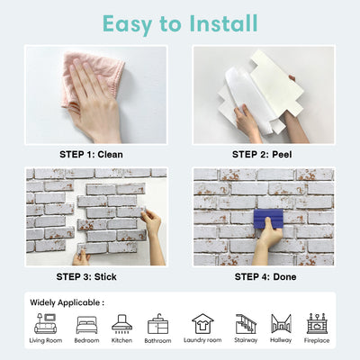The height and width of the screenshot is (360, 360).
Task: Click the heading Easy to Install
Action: pos(179,22)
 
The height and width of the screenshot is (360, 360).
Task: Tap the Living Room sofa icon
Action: pos(45,324)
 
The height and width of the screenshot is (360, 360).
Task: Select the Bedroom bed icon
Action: pos(87,324)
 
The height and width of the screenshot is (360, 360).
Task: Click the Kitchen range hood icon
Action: pos(121,323)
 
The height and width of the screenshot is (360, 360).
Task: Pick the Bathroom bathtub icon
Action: pos(157,324)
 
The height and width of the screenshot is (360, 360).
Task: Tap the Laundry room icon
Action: pos(202,323)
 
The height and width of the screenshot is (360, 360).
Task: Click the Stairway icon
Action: pos(245,323)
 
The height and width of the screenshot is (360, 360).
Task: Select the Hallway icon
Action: pos(281,323)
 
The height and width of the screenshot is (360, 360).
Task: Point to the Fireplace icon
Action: pos(316,323)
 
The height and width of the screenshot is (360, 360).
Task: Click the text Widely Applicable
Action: pos(67,302)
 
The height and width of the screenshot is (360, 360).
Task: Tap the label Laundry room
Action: pos(202,341)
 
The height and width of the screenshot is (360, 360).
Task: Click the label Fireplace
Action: pos(316,341)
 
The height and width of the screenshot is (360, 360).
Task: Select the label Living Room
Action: pos(45,341)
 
